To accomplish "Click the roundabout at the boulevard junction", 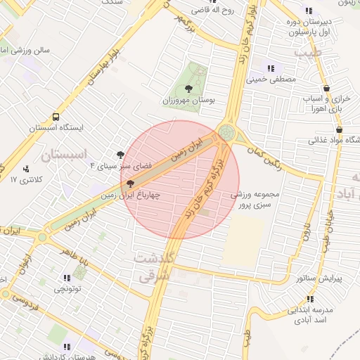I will tap(227, 132).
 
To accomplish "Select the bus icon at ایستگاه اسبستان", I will tap(56, 118).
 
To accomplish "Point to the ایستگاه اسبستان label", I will tap(56, 129).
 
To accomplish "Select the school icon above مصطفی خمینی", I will tap(271, 68).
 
